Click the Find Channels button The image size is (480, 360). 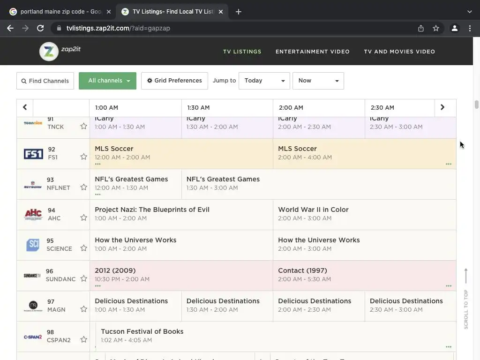pyautogui.click(x=45, y=81)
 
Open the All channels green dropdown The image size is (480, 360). pyautogui.click(x=107, y=81)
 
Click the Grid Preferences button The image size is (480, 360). pyautogui.click(x=174, y=81)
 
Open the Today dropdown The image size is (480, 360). pyautogui.click(x=264, y=81)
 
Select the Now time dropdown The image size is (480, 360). pyautogui.click(x=318, y=81)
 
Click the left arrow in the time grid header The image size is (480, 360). pyautogui.click(x=25, y=107)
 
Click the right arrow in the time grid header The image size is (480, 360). pyautogui.click(x=442, y=107)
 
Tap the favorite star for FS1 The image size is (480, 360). pyautogui.click(x=83, y=157)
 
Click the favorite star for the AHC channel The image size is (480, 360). pyautogui.click(x=83, y=217)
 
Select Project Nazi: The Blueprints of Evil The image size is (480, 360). pyautogui.click(x=152, y=210)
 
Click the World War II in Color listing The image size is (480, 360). pyautogui.click(x=313, y=210)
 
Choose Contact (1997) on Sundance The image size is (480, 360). pyautogui.click(x=302, y=270)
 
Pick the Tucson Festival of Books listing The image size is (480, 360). pyautogui.click(x=142, y=331)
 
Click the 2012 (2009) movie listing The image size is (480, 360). pyautogui.click(x=115, y=270)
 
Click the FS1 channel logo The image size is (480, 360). pyautogui.click(x=33, y=154)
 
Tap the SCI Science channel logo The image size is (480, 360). pyautogui.click(x=33, y=245)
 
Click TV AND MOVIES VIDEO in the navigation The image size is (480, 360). pyautogui.click(x=399, y=52)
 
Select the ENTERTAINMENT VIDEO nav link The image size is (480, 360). pyautogui.click(x=312, y=52)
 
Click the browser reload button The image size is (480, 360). pyautogui.click(x=40, y=28)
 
